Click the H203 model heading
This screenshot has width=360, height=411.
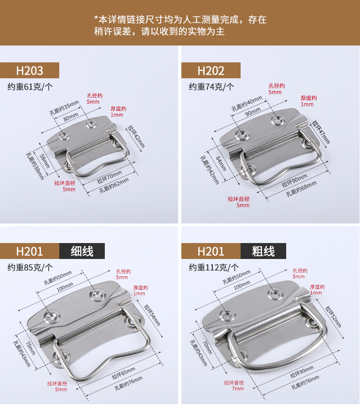(30, 71)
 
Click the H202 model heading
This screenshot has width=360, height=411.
(211, 71)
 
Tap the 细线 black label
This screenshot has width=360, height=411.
(82, 251)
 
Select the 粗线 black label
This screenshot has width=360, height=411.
(263, 251)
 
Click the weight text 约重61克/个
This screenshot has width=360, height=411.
(30, 86)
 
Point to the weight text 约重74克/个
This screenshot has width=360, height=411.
(211, 86)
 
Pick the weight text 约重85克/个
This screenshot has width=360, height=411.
(30, 267)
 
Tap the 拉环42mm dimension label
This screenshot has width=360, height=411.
(136, 136)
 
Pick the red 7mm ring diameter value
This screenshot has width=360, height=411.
(237, 389)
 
